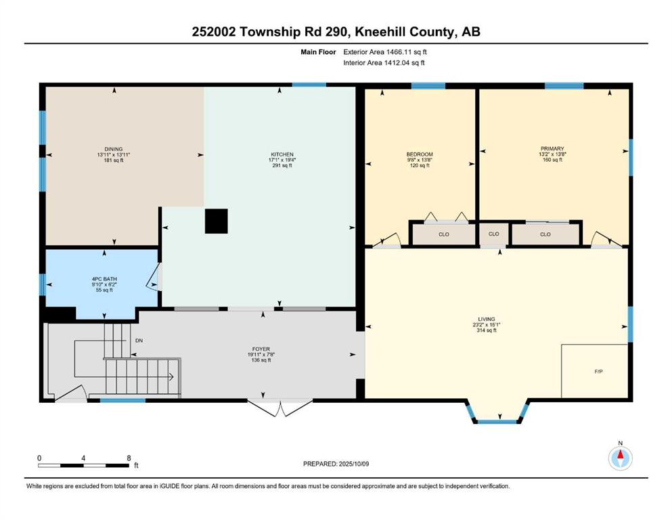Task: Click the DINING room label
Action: tap(114, 149)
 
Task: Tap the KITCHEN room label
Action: tap(282, 154)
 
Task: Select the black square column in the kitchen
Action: tap(216, 221)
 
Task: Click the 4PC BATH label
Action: tap(104, 279)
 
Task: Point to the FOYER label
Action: tap(261, 349)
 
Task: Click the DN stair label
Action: tap(139, 341)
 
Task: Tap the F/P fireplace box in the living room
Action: tap(595, 371)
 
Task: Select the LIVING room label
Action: tap(487, 320)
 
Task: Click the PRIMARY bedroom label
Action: tap(552, 149)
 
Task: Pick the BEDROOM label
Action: tap(420, 154)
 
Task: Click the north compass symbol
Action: tap(620, 458)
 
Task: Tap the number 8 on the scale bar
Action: tap(129, 458)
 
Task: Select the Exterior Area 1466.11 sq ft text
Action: tap(385, 52)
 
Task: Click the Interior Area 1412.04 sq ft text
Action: tap(384, 62)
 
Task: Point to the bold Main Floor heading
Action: tap(318, 52)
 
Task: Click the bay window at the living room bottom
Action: tap(497, 421)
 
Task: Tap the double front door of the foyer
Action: tap(280, 408)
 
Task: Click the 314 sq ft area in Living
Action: tap(487, 330)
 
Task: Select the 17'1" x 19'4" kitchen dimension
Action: tap(282, 160)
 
